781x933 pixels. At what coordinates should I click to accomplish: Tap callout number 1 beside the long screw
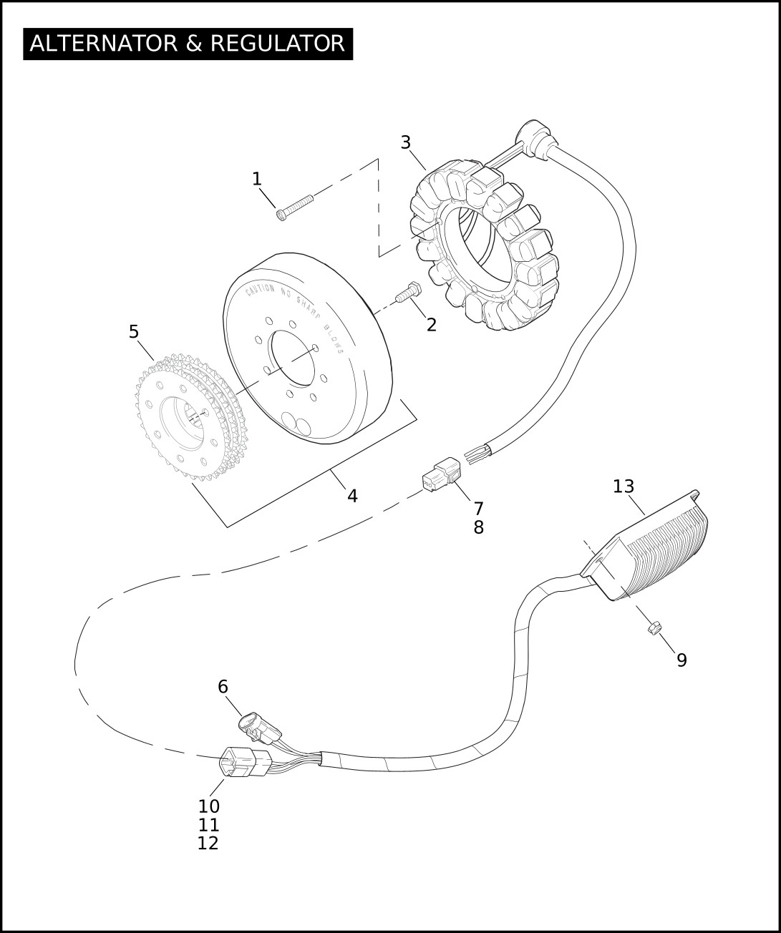pos(257,179)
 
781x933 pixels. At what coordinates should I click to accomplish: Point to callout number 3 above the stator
pos(406,142)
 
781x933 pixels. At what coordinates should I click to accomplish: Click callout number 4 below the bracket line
pos(352,495)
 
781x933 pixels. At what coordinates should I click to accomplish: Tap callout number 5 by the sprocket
pos(134,332)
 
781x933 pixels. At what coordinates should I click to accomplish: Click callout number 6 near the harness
pos(223,687)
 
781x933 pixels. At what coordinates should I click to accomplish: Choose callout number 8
pos(478,528)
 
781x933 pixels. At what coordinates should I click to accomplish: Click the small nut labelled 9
pos(652,627)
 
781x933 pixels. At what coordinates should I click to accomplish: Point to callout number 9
pos(681,660)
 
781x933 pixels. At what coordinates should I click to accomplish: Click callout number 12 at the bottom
pos(208,844)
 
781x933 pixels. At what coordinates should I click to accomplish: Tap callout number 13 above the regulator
pos(624,487)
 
